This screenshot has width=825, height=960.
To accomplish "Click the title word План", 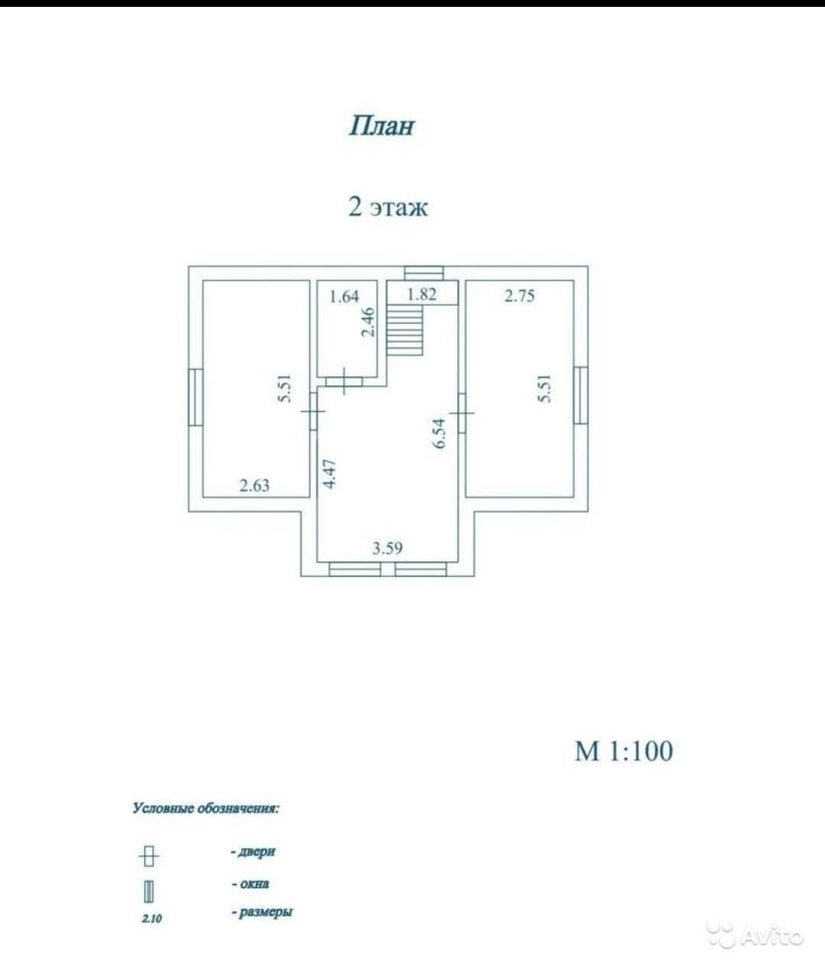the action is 381,125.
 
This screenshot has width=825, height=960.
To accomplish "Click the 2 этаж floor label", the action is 388,206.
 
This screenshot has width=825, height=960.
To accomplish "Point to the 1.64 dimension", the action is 344,296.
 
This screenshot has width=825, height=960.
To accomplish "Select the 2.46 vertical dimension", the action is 369,322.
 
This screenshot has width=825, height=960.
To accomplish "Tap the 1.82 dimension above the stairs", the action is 422,294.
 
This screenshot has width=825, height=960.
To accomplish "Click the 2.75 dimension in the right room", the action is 519,296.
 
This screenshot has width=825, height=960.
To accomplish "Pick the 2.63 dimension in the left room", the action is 254,485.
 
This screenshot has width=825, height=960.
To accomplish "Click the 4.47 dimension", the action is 329,473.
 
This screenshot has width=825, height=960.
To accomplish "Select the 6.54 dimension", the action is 438,433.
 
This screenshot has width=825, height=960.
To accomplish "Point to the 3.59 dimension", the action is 387,547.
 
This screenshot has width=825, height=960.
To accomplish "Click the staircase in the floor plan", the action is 405,329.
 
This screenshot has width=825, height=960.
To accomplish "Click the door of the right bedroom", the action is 462,412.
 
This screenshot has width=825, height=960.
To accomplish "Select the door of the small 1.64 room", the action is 346,381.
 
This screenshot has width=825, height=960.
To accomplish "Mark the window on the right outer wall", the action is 581,395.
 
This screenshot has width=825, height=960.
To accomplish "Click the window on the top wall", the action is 424,273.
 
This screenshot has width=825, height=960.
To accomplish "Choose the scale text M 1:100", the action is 623,751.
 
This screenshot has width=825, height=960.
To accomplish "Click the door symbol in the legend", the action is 150,856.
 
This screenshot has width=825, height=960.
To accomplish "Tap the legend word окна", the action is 252,884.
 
